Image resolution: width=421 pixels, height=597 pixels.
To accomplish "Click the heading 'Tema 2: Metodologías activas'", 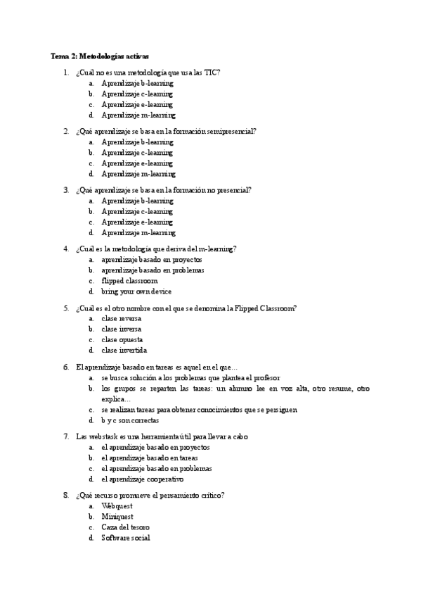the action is (100, 56).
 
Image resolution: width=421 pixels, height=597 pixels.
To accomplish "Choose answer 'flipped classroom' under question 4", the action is (130, 280).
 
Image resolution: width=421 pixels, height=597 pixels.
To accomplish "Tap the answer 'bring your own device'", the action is (136, 291).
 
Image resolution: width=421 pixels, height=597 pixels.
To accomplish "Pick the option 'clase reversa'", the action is (122, 318).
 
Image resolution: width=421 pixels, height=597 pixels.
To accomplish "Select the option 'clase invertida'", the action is (124, 350).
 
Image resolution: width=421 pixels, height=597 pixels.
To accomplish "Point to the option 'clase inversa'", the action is (122, 329).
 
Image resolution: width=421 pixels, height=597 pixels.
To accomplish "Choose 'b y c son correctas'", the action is (130, 420).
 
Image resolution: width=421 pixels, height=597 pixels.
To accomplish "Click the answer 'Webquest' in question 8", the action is (117, 506).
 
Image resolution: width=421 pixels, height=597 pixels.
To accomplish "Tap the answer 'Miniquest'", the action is (117, 517).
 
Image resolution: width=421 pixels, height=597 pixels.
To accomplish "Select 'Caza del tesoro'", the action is (126, 527).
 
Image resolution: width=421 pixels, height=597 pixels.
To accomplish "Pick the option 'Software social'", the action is (126, 538).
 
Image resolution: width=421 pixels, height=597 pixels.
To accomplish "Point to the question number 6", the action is (66, 367).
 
